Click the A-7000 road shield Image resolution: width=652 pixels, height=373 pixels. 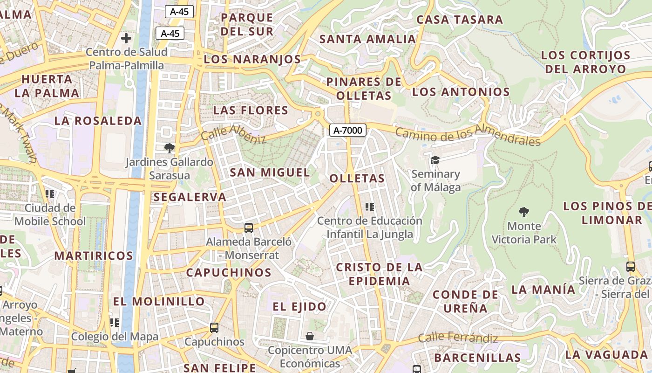[348, 130]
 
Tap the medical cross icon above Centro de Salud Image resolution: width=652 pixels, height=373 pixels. [126, 38]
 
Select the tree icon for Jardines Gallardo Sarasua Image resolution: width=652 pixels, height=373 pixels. [169, 148]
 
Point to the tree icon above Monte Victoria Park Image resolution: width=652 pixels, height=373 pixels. [524, 212]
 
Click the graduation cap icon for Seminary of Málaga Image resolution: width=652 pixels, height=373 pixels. [435, 160]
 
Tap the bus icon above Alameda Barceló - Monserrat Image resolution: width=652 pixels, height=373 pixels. [249, 228]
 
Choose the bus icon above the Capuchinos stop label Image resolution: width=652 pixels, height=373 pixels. [214, 328]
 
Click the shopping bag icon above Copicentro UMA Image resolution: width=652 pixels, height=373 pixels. [309, 336]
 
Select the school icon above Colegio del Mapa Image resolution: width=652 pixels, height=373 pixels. [115, 322]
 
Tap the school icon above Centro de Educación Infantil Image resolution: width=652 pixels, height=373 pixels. [370, 207]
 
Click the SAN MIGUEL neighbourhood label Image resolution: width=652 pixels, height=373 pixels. [270, 173]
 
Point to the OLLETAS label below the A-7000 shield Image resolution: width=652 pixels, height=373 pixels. [357, 178]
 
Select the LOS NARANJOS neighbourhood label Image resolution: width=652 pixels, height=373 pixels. [252, 59]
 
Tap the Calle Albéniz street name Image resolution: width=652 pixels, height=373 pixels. [233, 134]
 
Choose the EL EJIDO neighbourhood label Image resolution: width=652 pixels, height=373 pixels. [299, 306]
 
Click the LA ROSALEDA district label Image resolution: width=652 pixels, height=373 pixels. [98, 121]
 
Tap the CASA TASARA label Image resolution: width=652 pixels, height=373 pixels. [460, 20]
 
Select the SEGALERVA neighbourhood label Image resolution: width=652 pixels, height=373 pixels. [190, 197]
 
